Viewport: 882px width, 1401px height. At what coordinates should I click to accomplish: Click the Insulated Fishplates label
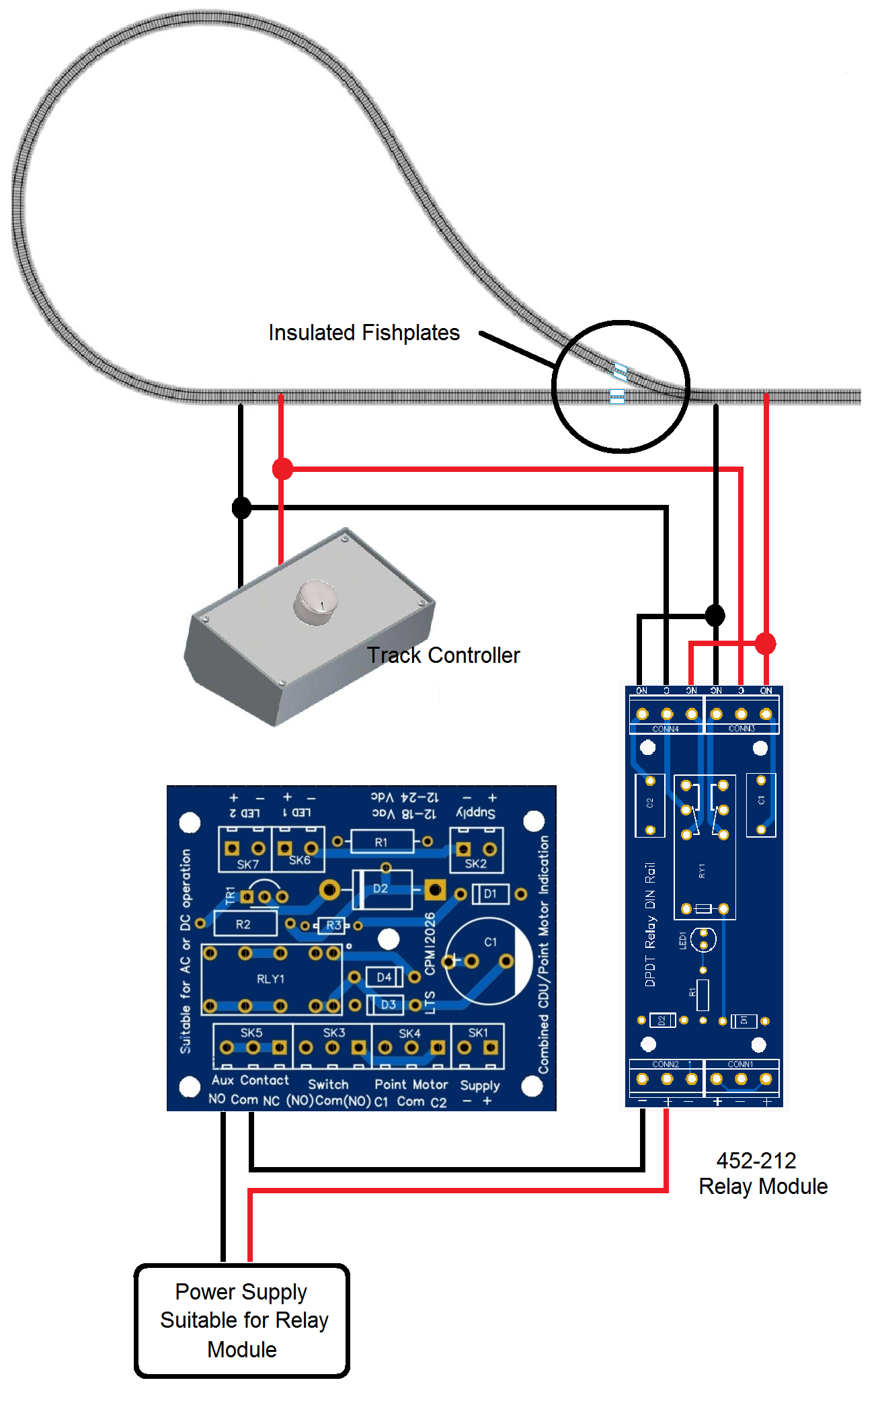click(364, 333)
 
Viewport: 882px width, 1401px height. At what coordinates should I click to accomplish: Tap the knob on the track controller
click(316, 601)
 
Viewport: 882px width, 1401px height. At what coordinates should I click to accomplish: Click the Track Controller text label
click(443, 655)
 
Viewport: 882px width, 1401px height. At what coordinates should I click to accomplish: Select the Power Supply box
click(242, 1320)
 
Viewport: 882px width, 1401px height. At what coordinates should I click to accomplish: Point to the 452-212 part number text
click(756, 1160)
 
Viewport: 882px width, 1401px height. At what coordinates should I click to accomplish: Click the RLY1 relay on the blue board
click(271, 979)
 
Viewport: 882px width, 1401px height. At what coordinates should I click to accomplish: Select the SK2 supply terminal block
click(476, 850)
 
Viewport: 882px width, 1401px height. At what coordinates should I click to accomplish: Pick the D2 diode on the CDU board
click(382, 888)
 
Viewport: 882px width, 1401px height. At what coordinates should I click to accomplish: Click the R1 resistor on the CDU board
click(381, 842)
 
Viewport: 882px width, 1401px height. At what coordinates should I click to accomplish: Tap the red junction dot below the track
click(282, 469)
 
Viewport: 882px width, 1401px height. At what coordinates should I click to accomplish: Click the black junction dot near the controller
click(241, 508)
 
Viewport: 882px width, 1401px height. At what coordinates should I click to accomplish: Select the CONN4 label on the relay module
click(666, 729)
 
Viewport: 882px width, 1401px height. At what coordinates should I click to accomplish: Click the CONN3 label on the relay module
click(741, 729)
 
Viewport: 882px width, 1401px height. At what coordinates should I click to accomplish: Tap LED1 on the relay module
click(703, 940)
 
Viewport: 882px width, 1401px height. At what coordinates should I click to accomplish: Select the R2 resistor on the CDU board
click(244, 924)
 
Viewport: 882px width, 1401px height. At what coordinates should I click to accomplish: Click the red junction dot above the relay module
click(766, 643)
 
